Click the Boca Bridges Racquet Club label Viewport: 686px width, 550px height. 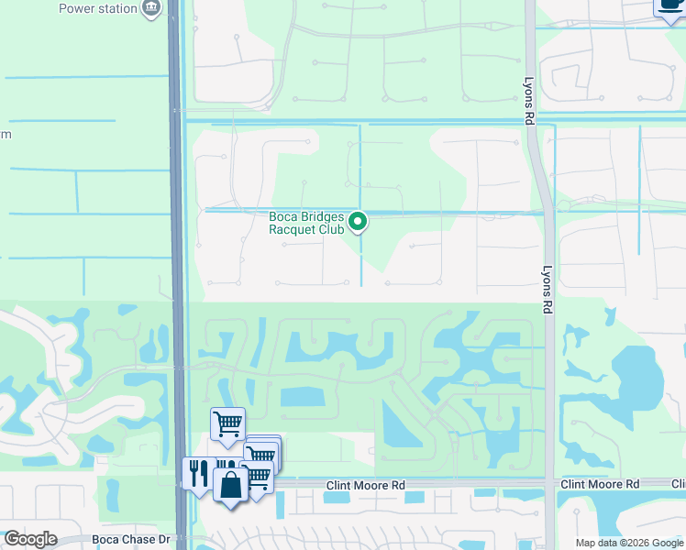(x=306, y=223)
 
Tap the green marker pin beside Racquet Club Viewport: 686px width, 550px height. (x=359, y=221)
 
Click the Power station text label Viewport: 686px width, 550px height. (x=97, y=8)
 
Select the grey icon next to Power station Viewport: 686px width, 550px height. (x=153, y=9)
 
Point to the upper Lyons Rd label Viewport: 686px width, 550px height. (x=529, y=101)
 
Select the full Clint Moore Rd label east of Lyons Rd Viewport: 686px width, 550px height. (x=600, y=484)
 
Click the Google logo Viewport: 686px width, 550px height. (x=30, y=539)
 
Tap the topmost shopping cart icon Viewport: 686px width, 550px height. (x=227, y=423)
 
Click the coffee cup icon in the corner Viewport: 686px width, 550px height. (x=670, y=5)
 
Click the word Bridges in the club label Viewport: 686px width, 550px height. (x=322, y=216)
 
